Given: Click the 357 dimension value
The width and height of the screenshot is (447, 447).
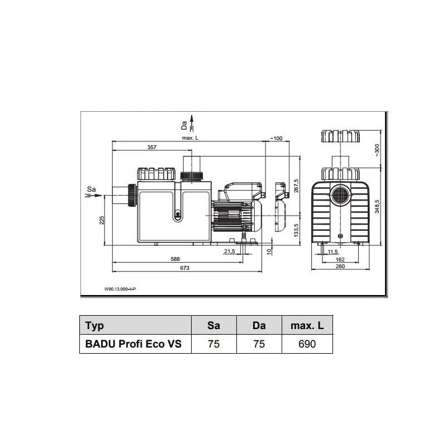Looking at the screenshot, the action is click(x=151, y=147).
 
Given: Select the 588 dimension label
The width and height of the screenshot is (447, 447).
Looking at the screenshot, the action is click(x=175, y=259).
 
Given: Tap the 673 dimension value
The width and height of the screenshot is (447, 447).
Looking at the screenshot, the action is click(x=184, y=268).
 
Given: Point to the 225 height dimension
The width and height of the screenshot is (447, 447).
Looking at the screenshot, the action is click(x=102, y=220).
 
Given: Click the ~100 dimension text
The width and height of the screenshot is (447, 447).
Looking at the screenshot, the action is click(x=276, y=138).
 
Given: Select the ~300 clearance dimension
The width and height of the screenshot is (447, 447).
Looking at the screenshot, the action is click(x=377, y=150).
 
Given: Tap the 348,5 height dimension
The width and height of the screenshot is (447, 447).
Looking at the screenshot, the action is click(x=377, y=206).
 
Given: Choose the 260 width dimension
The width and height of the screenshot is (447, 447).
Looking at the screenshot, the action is click(x=340, y=267).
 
